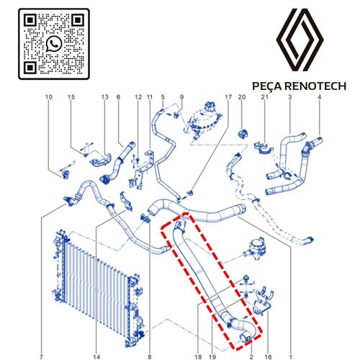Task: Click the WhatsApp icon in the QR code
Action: pyautogui.click(x=54, y=44)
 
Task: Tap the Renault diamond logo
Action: pyautogui.click(x=300, y=40)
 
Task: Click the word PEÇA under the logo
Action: pyautogui.click(x=267, y=86)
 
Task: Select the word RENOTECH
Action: pyautogui.click(x=315, y=86)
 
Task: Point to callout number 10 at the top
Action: pyautogui.click(x=49, y=97)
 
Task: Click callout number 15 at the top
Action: pyautogui.click(x=71, y=97)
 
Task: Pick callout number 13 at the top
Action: pyautogui.click(x=105, y=97)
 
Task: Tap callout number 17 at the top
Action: pyautogui.click(x=228, y=97)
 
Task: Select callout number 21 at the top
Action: pyautogui.click(x=264, y=97)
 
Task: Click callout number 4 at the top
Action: pyautogui.click(x=319, y=97)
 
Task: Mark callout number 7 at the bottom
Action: pyautogui.click(x=41, y=357)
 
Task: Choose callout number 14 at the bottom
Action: pyautogui.click(x=96, y=357)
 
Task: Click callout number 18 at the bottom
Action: pyautogui.click(x=198, y=357)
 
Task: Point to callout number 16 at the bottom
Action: pyautogui.click(x=268, y=357)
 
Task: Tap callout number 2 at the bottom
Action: pyautogui.click(x=251, y=357)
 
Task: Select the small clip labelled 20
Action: pyautogui.click(x=243, y=133)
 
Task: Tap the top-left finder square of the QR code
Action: pyautogui.click(x=30, y=20)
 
